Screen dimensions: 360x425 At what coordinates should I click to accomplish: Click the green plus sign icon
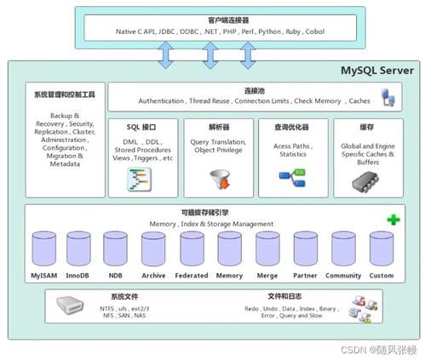point(393,220)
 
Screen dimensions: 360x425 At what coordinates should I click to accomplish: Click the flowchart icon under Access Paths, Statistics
point(292,177)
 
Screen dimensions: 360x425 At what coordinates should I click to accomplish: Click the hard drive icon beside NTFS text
point(72,306)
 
